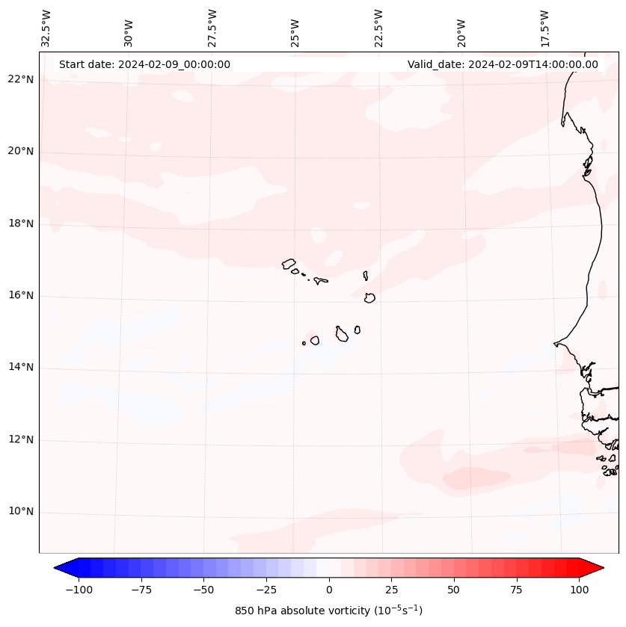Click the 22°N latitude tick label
[x=21, y=80]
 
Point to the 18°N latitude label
[x=21, y=223]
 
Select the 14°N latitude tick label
[x=21, y=368]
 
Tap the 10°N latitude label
[x=21, y=512]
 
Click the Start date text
[x=144, y=64]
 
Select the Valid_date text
[x=503, y=64]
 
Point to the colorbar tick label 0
[x=329, y=590]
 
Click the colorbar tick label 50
[x=454, y=590]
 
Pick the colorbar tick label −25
[x=266, y=590]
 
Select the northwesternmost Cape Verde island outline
[x=289, y=264]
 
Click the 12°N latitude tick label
[x=21, y=440]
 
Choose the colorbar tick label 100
[x=578, y=590]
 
